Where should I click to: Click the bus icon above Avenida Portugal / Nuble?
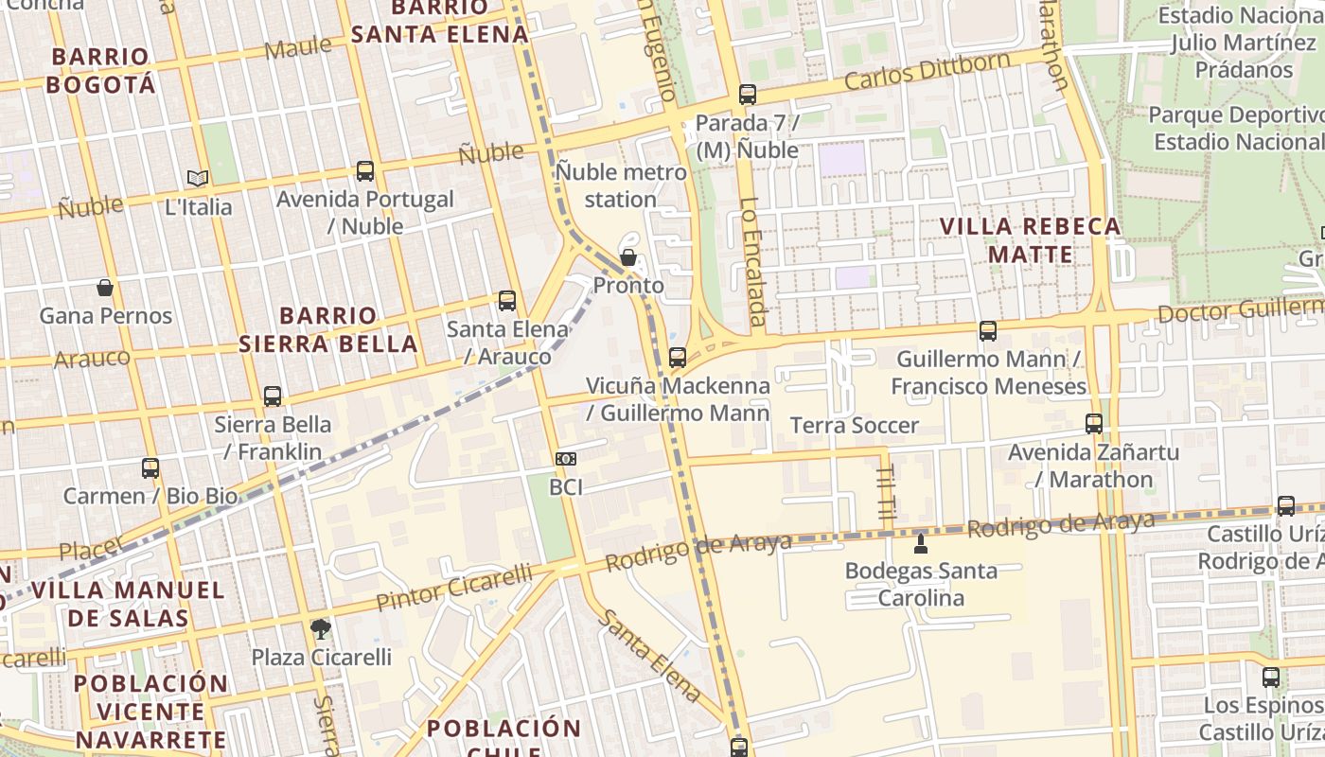pyautogui.click(x=365, y=171)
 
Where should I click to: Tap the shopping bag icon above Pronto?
pyautogui.click(x=627, y=257)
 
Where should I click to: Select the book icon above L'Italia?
pyautogui.click(x=198, y=178)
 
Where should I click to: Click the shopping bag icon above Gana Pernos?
pyautogui.click(x=105, y=288)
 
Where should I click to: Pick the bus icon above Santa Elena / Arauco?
pyautogui.click(x=507, y=301)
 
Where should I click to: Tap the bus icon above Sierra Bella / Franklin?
pyautogui.click(x=273, y=396)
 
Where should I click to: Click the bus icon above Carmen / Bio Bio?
pyautogui.click(x=150, y=467)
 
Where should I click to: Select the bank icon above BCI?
pyautogui.click(x=566, y=459)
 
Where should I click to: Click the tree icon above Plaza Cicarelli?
pyautogui.click(x=321, y=628)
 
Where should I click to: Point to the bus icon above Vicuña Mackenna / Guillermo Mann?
pyautogui.click(x=678, y=358)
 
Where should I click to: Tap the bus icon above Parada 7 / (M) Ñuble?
pyautogui.click(x=748, y=95)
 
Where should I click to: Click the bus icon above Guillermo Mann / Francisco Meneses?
pyautogui.click(x=988, y=331)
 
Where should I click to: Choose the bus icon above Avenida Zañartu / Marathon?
pyautogui.click(x=1094, y=424)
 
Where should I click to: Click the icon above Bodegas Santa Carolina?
pyautogui.click(x=921, y=543)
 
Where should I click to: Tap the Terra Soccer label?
pyautogui.click(x=854, y=426)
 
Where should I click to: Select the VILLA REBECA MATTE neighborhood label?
pyautogui.click(x=1031, y=240)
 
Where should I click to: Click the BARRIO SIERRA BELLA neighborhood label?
pyautogui.click(x=327, y=329)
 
